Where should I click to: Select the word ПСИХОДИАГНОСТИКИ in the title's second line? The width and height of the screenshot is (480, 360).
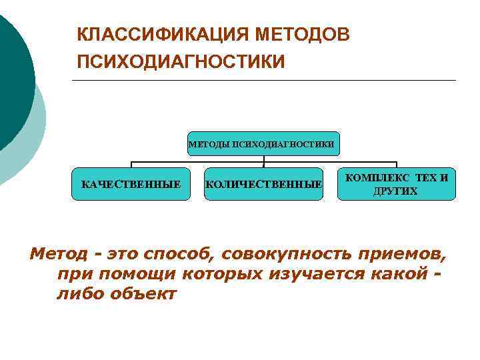[x=181, y=62]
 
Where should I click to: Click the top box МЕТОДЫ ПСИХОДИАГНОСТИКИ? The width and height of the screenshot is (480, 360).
[x=263, y=143]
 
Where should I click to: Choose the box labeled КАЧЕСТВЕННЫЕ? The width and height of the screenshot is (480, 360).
[x=131, y=183]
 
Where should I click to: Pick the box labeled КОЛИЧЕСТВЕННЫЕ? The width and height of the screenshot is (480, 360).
[x=263, y=183]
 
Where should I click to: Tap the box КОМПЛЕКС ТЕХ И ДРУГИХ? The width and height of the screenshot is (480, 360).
[x=397, y=183]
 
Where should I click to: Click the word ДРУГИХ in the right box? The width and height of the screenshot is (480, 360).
[x=397, y=191]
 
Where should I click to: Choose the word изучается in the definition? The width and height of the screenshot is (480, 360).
[x=313, y=273]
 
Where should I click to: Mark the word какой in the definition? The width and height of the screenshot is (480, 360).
[x=401, y=273]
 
